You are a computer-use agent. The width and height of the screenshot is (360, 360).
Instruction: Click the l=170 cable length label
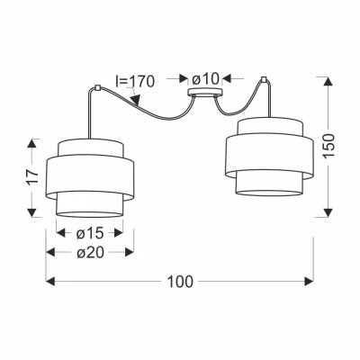[x=135, y=81]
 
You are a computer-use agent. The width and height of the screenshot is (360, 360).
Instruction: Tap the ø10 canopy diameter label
[x=205, y=79]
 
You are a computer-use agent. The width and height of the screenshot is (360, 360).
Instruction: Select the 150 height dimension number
[x=329, y=146]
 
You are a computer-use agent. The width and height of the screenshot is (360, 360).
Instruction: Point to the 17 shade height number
[x=33, y=177]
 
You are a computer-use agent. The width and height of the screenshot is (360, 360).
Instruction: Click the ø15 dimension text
[x=90, y=233]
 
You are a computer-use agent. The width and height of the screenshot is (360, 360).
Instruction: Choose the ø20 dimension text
[x=90, y=253]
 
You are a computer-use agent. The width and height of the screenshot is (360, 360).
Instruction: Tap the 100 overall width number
[x=180, y=282]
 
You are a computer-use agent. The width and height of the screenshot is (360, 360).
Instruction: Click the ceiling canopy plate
[x=205, y=93]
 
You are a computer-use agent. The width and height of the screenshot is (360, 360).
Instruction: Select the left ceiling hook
[x=97, y=88]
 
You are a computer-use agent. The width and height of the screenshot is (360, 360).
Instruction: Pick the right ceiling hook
[x=264, y=80]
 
